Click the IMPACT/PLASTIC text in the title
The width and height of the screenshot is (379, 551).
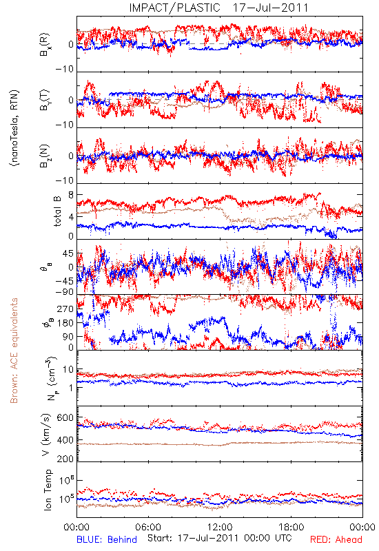[x=175, y=8]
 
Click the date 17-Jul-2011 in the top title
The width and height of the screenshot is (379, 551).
[x=270, y=8]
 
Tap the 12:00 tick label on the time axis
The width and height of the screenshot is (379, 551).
[x=220, y=527]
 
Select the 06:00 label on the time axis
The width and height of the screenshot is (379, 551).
[x=148, y=527]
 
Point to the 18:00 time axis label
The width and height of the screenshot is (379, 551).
[x=291, y=527]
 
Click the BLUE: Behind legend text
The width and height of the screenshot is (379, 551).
[x=107, y=539]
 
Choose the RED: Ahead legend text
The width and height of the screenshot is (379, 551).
[x=336, y=539]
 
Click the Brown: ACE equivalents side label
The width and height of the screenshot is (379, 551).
[x=14, y=351]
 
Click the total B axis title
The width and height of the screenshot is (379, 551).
[x=57, y=211]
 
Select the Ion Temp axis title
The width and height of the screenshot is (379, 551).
[x=48, y=490]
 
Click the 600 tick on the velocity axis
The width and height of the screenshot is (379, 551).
[x=65, y=418]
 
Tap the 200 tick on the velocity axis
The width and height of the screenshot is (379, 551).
[x=65, y=459]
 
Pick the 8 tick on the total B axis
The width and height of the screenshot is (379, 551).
[x=71, y=195]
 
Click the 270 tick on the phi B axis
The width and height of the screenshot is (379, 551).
[x=65, y=309]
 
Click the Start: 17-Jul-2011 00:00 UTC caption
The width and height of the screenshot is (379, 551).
[x=219, y=539]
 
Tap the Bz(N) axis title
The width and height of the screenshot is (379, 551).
[x=45, y=156]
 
